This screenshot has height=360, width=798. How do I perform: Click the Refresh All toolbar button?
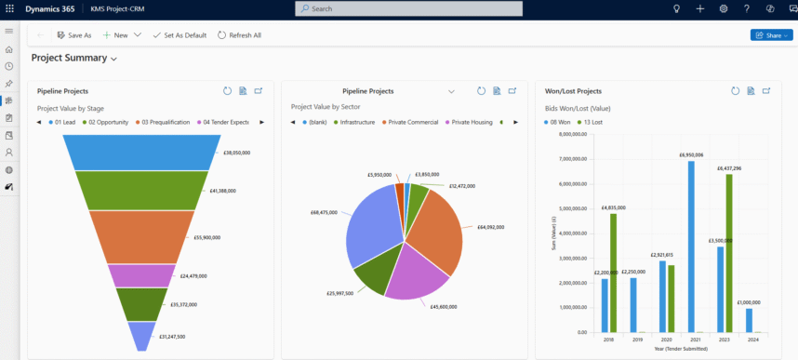[x=240, y=35]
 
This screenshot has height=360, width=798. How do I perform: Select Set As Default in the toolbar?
[x=180, y=35]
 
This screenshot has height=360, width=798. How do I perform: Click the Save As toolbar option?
[x=74, y=35]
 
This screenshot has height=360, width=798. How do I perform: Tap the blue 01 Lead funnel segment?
[x=141, y=152]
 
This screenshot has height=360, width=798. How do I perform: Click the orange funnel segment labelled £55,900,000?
[x=141, y=236]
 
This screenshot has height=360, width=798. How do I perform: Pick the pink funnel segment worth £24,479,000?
[x=141, y=275]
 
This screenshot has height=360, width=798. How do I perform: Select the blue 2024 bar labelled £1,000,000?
[x=750, y=320]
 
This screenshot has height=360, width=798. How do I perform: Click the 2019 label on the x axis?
[x=637, y=340]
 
